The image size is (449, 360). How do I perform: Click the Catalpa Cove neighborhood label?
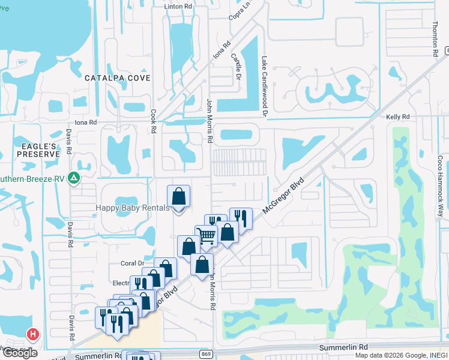(117, 78)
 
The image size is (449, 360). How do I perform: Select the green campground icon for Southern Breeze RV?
(73, 178)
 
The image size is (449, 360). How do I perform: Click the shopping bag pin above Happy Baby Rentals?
(178, 196)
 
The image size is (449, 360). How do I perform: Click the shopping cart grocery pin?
(206, 236)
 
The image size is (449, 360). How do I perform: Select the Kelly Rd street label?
(397, 116)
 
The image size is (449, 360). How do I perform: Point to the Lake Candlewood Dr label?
(264, 86)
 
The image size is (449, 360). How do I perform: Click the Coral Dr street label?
(133, 263)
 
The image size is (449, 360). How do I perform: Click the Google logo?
(19, 353)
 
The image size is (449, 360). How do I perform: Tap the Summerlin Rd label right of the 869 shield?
(343, 347)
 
